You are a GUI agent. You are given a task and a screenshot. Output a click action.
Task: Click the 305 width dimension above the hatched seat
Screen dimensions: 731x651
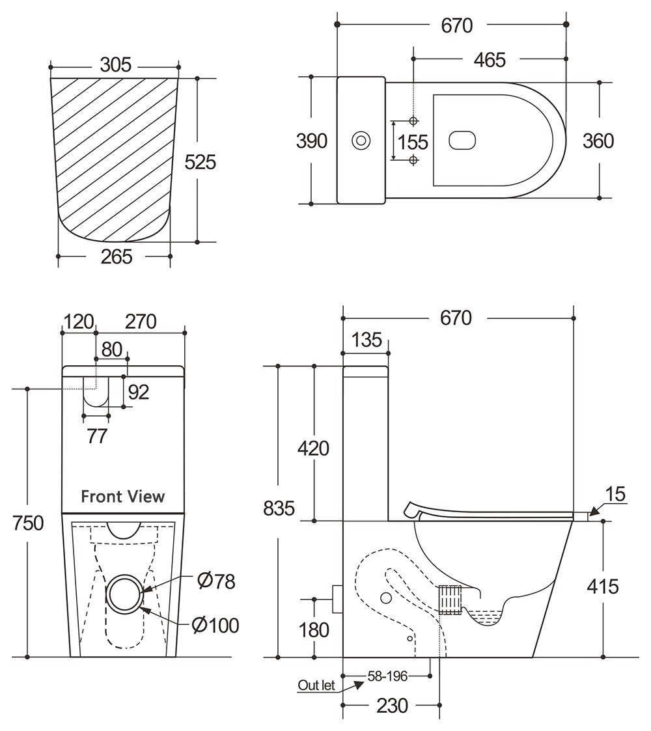click(116, 65)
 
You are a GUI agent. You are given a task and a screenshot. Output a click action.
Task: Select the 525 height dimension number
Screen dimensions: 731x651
click(200, 161)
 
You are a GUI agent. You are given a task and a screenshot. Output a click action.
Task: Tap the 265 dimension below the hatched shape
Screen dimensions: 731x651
click(117, 256)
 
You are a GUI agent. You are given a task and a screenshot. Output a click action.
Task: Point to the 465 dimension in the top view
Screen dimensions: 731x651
click(490, 59)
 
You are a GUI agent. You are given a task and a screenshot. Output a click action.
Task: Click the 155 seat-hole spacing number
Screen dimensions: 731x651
click(413, 141)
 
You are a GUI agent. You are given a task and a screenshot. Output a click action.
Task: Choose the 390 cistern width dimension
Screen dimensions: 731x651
click(312, 141)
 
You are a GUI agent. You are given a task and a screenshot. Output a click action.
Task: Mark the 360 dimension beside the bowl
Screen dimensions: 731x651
click(598, 141)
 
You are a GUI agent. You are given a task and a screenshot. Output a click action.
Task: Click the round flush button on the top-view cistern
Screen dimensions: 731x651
click(360, 140)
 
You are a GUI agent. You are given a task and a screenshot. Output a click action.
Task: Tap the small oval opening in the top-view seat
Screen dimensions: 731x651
click(463, 139)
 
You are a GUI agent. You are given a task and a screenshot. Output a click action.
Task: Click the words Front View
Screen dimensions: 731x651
click(122, 497)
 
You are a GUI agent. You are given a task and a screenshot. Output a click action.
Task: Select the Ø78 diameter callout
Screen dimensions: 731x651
click(215, 581)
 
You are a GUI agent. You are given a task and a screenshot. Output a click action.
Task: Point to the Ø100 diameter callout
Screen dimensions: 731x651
click(215, 626)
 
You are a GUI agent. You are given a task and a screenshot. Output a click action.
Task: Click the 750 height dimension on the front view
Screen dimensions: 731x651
click(28, 522)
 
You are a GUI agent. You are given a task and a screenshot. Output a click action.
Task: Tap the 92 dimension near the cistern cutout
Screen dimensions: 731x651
click(138, 392)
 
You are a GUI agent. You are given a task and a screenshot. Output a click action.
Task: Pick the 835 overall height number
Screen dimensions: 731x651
click(279, 508)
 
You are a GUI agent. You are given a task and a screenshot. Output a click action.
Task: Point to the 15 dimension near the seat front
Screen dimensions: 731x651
click(615, 494)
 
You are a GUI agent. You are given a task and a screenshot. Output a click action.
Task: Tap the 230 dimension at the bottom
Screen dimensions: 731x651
click(392, 706)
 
